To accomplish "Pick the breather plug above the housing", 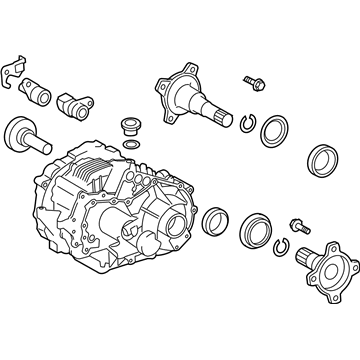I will (x=128, y=127).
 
